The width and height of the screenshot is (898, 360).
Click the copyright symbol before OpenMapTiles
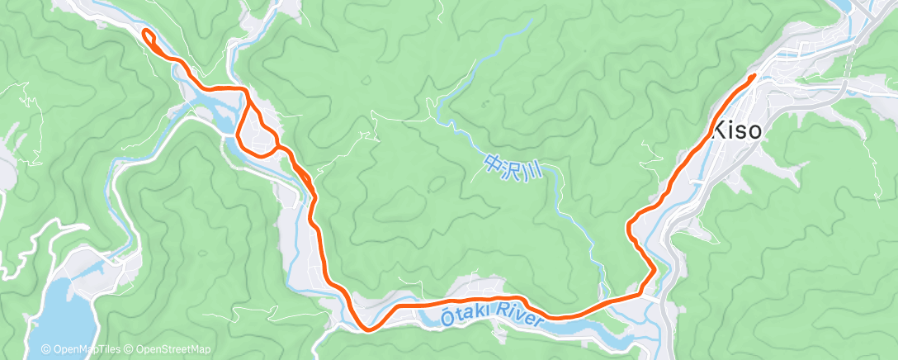(45, 349)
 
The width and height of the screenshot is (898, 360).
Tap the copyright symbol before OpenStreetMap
(130, 349)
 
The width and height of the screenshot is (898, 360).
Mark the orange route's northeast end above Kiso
(753, 76)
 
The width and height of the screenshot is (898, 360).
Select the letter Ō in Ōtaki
(446, 314)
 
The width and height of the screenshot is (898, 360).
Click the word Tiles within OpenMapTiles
(109, 349)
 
